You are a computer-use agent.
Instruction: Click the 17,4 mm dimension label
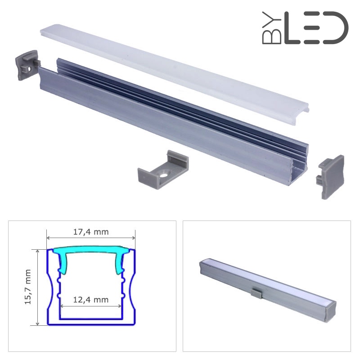click(91, 232)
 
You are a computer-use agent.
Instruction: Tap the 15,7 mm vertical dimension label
click(28, 287)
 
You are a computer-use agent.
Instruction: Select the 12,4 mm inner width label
click(91, 300)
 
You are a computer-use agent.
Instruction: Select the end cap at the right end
click(330, 176)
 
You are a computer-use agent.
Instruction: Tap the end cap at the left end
click(27, 65)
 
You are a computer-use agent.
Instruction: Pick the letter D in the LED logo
click(336, 28)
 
